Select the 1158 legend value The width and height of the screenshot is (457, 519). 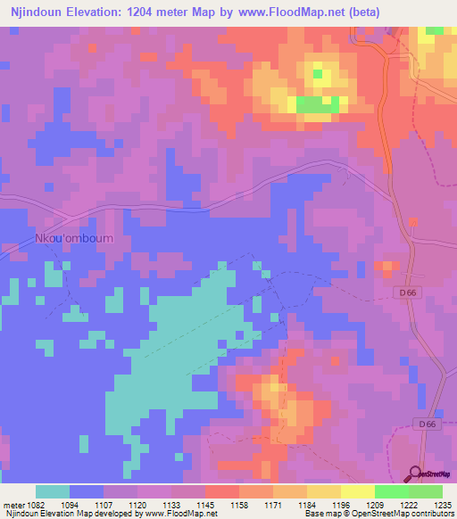(238, 504)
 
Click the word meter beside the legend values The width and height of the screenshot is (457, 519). (12, 504)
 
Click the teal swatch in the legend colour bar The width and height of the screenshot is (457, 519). (52, 491)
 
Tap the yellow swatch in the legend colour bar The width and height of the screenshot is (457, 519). (357, 491)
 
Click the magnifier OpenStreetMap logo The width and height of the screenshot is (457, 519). (417, 474)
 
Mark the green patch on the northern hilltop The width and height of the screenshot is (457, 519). (318, 105)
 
